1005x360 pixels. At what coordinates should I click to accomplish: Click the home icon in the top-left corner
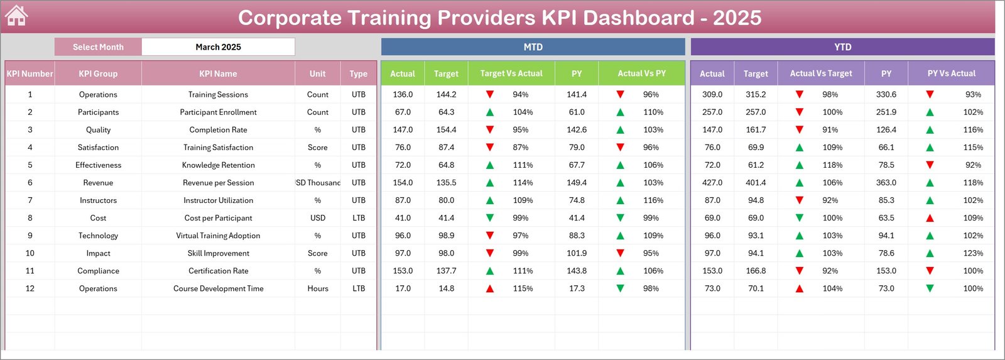coord(16,16)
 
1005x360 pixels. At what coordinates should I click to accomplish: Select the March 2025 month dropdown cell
coord(218,47)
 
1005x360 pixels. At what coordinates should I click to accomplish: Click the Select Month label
coord(98,47)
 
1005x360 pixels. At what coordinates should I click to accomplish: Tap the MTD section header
coord(533,47)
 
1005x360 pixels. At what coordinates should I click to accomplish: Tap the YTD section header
coord(842,47)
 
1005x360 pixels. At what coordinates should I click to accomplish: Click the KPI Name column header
coord(218,74)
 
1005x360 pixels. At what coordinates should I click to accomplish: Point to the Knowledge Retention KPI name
coord(218,165)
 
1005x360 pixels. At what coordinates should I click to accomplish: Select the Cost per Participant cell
coord(218,218)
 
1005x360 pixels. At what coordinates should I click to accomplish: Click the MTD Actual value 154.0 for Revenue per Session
coord(403,183)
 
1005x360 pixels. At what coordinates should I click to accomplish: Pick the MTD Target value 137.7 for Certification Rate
coord(446,271)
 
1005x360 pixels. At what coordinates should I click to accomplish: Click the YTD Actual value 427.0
coord(712,183)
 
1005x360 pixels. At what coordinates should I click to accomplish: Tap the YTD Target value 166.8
coord(756,271)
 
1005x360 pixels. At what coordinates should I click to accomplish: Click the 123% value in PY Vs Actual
coord(973,253)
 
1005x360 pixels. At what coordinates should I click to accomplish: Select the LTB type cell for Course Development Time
coord(359,288)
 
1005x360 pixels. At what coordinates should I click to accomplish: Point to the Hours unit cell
coord(318,288)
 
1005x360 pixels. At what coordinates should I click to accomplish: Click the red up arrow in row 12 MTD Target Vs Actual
coord(490,289)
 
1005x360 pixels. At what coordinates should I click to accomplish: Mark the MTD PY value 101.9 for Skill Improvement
coord(577,253)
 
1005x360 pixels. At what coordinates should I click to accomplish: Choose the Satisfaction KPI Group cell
coord(98,148)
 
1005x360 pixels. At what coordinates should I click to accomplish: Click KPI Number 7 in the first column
coord(30,200)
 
